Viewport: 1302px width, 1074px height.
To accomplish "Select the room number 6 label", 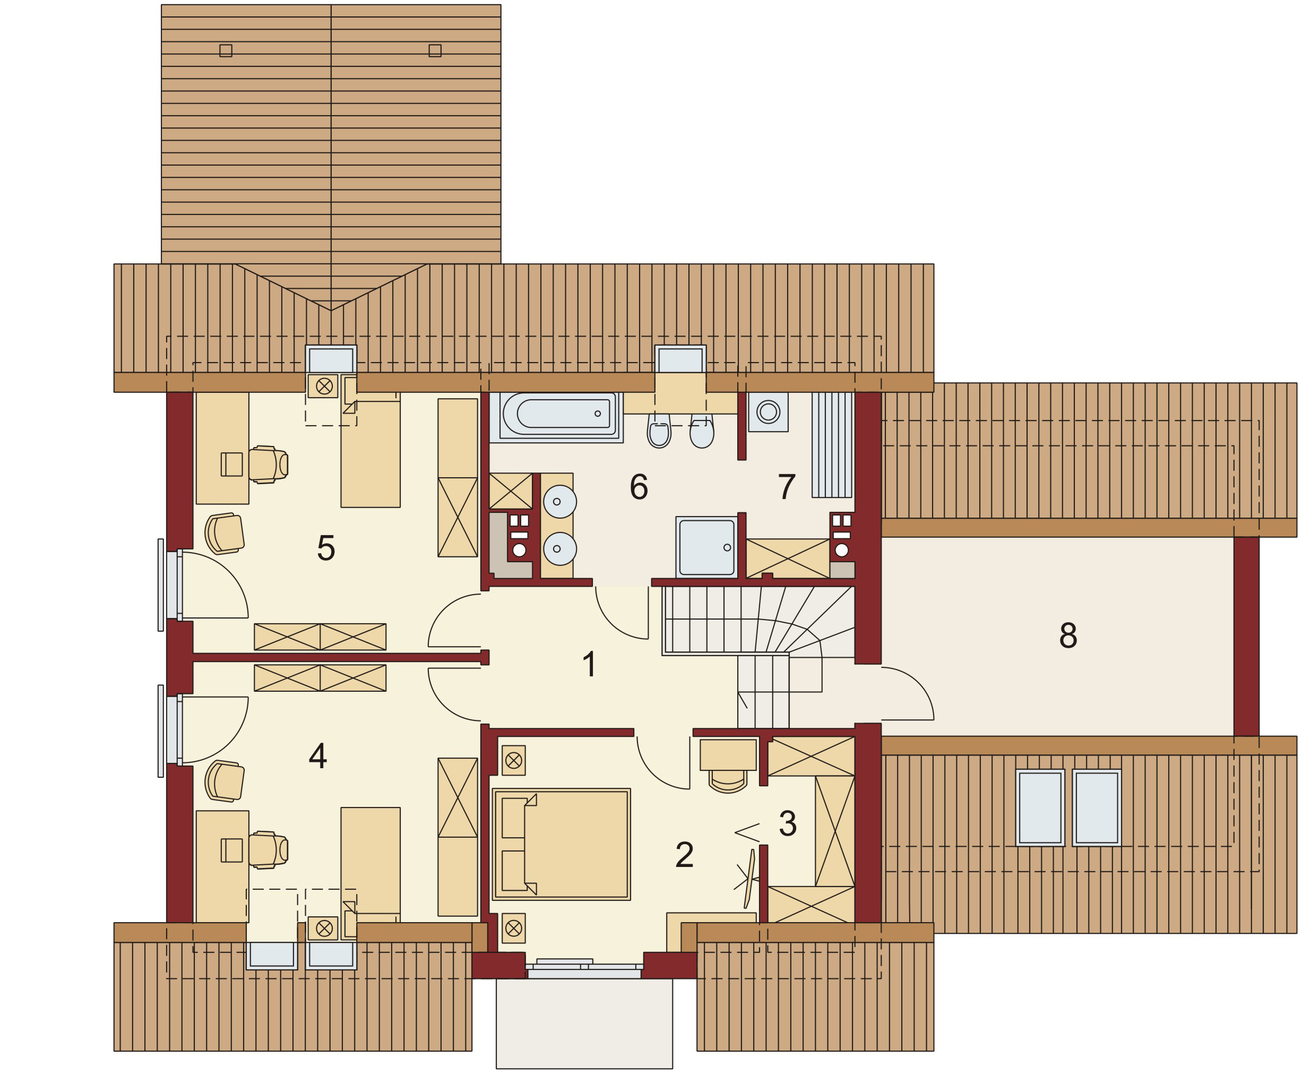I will (639, 486).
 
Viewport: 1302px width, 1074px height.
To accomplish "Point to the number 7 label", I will (786, 486).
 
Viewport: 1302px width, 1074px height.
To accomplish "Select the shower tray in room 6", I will (706, 547).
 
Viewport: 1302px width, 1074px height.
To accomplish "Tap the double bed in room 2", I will (561, 844).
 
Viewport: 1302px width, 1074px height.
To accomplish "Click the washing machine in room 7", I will (768, 411).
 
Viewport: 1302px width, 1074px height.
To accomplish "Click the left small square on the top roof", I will (226, 51).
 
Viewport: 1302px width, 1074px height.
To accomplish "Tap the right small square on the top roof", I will (435, 51).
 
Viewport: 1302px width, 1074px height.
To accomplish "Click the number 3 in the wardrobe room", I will (787, 823).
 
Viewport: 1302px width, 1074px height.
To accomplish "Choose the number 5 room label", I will (326, 548).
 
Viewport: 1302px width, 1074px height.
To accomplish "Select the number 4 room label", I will (317, 755).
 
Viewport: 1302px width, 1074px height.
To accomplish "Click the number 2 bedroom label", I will (684, 855).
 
